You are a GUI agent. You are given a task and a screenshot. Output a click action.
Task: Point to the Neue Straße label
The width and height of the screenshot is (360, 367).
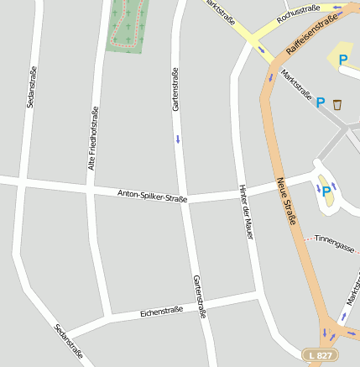coord(287,201)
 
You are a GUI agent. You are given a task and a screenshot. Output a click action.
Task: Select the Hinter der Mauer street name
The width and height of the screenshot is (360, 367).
coord(246,212)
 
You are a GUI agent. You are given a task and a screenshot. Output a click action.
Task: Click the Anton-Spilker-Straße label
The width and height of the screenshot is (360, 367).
coord(152,197)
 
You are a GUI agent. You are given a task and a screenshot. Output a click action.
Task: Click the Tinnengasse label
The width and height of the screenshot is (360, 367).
coord(333,240)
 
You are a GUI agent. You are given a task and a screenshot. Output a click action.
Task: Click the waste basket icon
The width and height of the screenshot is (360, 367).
coord(337,104)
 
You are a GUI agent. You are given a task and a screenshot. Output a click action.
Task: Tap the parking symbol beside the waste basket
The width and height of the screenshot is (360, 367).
coord(320,102)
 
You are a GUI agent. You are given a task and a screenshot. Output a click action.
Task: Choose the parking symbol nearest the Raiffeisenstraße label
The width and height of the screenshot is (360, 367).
coord(342,59)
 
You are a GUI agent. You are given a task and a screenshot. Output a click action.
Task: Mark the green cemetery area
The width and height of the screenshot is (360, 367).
coord(126,25)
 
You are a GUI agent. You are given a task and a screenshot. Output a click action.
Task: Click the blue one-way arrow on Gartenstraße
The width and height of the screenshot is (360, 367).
coord(178,139)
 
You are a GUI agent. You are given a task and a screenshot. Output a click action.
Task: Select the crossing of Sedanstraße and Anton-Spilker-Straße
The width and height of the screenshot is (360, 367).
coord(25,183)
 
